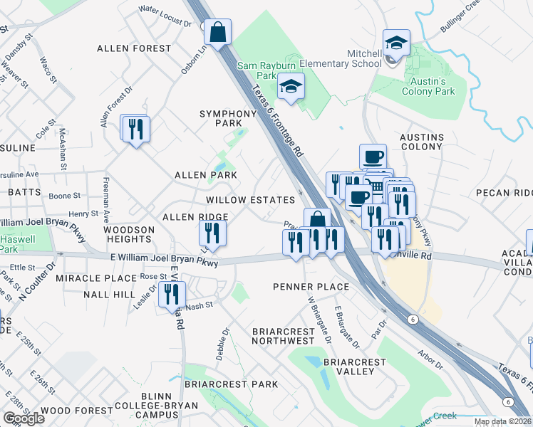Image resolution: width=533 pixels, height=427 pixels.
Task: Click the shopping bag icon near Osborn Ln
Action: tap(218, 31)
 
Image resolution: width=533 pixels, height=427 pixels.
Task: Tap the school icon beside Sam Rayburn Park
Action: tap(290, 87)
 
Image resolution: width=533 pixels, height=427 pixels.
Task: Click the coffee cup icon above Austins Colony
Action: tap(373, 157)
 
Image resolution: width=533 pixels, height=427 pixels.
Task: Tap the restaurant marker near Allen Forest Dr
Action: tap(134, 129)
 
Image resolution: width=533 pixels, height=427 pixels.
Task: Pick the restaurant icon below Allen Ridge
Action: tap(212, 233)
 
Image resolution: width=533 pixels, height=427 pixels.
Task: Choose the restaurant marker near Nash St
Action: tap(172, 295)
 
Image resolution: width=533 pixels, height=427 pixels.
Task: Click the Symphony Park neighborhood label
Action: tap(227, 118)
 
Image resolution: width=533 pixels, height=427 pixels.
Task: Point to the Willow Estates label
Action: tap(251, 201)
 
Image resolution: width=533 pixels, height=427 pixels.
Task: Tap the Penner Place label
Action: tap(311, 287)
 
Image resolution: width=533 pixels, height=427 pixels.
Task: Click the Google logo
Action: tap(24, 418)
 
